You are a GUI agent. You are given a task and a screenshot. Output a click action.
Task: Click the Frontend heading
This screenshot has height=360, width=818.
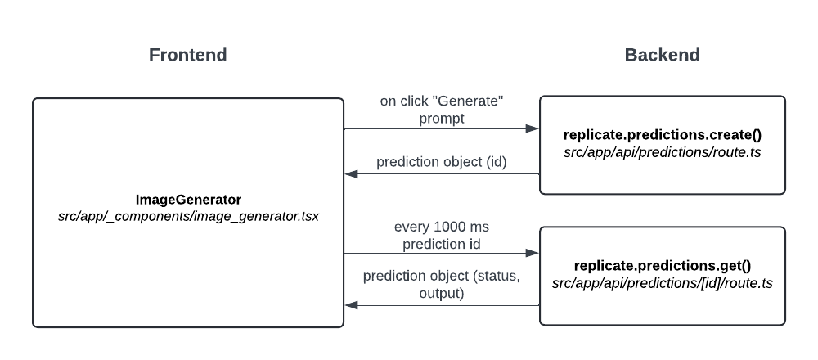(188, 55)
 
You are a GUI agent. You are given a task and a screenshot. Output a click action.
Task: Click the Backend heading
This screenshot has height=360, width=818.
(662, 55)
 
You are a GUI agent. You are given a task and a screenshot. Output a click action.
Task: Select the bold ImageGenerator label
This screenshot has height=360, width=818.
(188, 200)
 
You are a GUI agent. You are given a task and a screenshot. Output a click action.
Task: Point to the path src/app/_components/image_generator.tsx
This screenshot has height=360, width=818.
(188, 216)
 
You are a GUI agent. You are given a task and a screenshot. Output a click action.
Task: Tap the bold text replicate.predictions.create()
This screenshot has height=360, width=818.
(663, 135)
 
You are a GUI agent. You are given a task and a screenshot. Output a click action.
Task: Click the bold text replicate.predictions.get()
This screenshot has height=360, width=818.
(663, 266)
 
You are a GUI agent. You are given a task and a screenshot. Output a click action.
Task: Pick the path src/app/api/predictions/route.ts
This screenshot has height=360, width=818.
(663, 152)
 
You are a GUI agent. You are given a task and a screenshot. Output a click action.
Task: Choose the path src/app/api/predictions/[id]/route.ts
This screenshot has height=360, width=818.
(663, 283)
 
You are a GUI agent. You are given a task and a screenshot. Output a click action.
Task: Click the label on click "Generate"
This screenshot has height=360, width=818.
(442, 101)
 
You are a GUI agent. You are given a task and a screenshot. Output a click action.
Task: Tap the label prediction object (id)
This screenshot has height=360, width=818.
(442, 162)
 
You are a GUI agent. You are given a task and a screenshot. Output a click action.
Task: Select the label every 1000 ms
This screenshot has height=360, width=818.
(442, 227)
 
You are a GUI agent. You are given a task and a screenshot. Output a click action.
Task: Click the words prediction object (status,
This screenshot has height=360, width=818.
(442, 276)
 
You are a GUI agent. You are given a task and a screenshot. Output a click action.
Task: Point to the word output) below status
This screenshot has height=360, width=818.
(442, 293)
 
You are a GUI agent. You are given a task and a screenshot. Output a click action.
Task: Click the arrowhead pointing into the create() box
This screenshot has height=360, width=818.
(533, 128)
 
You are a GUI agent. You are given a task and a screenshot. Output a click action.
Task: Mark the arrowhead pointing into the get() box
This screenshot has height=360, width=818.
(533, 253)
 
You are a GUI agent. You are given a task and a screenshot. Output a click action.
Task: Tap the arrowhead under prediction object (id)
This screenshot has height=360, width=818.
(351, 173)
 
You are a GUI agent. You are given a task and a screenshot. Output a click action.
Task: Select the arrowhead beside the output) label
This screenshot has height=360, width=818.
(351, 305)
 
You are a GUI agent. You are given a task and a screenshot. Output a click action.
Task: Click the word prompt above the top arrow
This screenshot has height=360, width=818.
(442, 119)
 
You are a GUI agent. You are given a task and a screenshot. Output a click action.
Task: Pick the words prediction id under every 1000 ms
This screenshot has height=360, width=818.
(442, 244)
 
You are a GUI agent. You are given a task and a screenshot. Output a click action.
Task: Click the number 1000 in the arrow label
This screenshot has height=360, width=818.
(448, 227)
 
